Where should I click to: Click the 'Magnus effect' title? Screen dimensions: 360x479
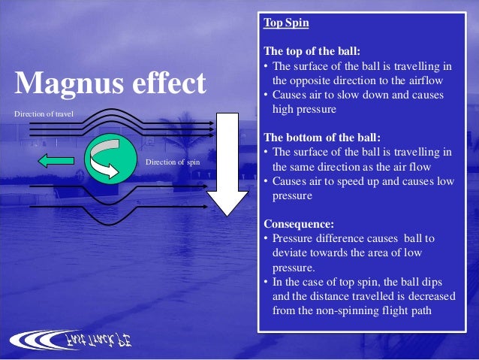pyautogui.click(x=110, y=84)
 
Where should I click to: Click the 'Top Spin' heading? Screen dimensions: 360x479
pyautogui.click(x=286, y=23)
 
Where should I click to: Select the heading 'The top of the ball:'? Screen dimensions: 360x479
pyautogui.click(x=312, y=52)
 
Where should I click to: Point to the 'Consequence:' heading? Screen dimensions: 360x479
pyautogui.click(x=299, y=223)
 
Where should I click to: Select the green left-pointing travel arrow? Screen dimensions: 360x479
pyautogui.click(x=56, y=160)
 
